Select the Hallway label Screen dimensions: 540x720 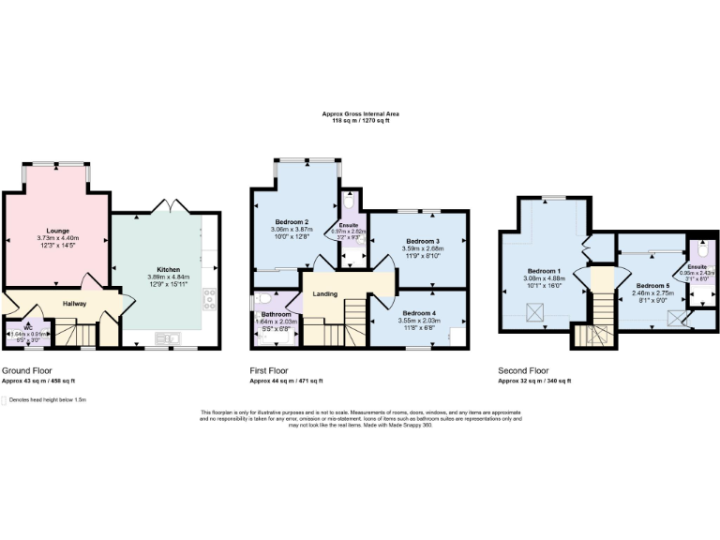tap(74, 304)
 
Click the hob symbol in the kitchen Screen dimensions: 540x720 tap(209, 298)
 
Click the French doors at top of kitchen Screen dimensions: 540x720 tap(166, 205)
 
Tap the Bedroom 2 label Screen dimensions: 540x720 tap(292, 221)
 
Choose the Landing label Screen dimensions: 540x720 tap(325, 293)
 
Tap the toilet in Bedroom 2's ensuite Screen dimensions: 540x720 tap(350, 201)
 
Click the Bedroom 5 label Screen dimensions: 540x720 tap(652, 285)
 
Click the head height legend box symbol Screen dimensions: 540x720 tap(5, 398)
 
